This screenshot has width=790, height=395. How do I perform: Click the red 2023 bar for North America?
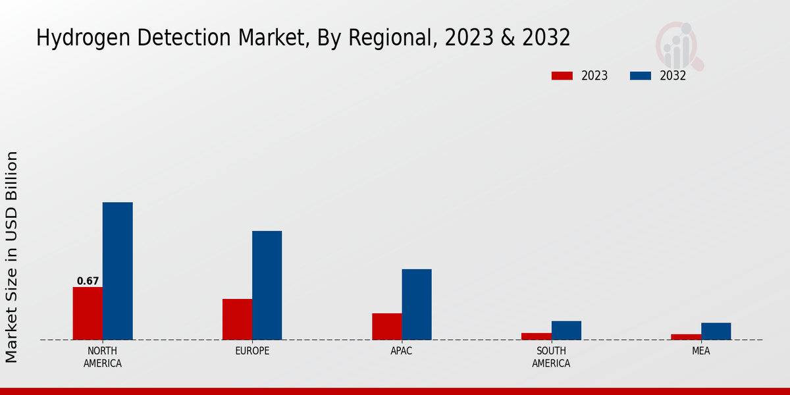(88, 313)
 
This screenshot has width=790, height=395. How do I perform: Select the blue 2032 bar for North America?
(117, 271)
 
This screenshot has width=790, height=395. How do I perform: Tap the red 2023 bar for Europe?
(237, 319)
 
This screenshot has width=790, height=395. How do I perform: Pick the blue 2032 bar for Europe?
(267, 285)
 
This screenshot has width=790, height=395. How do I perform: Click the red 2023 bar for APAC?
(386, 327)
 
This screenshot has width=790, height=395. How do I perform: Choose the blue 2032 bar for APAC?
(417, 304)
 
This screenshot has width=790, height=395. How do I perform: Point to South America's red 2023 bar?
(536, 336)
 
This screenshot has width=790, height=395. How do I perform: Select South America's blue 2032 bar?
(566, 330)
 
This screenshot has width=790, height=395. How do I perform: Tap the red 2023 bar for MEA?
(685, 337)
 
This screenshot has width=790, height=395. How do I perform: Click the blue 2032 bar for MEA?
(716, 331)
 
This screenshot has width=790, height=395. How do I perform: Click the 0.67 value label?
(88, 281)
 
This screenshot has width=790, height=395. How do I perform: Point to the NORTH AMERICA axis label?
(103, 357)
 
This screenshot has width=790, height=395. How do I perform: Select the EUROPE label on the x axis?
(252, 351)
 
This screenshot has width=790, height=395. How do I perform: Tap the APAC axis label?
(402, 351)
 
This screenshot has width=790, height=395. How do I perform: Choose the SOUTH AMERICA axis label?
(551, 357)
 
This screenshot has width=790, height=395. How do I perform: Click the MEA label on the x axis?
(700, 351)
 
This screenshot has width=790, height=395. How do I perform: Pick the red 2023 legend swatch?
(562, 76)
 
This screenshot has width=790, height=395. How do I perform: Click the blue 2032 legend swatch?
(640, 76)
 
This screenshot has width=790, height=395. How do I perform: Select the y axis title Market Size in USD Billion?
(12, 257)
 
